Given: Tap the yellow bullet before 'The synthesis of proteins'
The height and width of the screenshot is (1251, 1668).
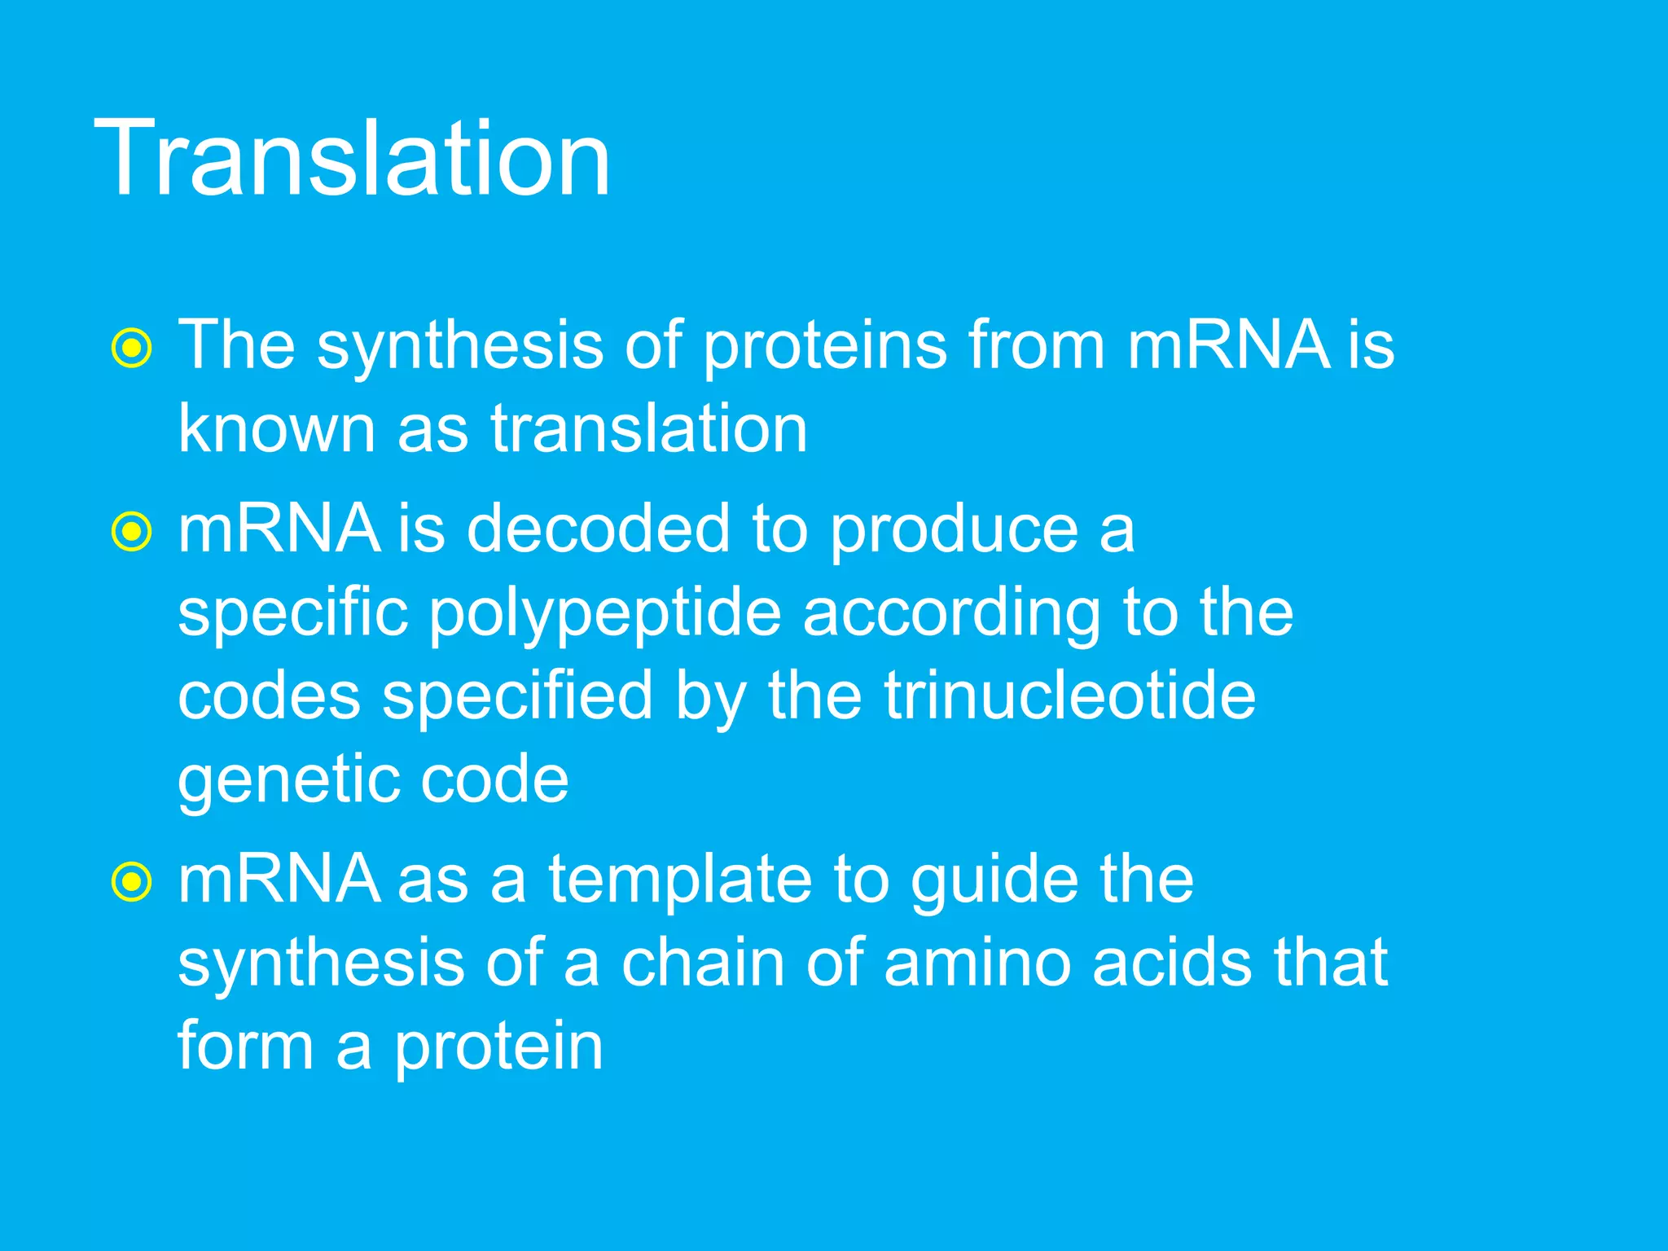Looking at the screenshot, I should (x=131, y=349).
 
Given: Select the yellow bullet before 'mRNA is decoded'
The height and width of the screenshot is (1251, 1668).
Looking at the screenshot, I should (x=131, y=532).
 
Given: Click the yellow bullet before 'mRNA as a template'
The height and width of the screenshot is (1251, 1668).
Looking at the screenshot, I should (x=131, y=882).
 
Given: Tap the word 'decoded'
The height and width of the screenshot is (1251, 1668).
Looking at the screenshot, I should (x=598, y=529).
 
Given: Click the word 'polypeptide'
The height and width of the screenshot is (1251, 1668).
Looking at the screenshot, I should (x=604, y=616).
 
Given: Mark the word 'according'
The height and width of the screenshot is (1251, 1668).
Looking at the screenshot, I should (x=951, y=616).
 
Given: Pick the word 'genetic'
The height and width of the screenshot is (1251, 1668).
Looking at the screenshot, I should (x=287, y=782).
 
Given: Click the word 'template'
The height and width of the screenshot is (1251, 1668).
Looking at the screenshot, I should (x=679, y=881).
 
